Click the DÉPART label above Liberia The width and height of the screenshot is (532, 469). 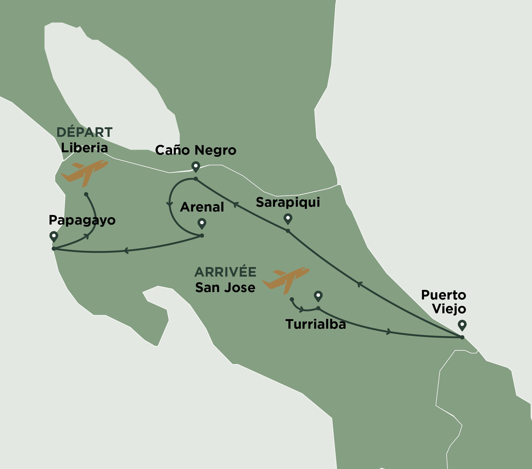pos(84,132)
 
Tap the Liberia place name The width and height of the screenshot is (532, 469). pos(84,148)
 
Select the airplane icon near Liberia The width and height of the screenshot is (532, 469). pos(85,172)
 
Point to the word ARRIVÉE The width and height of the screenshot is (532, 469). pos(225,272)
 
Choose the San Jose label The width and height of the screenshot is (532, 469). pos(225,288)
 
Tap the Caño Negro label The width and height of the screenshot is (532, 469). pos(196,150)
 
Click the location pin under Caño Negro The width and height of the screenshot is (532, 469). pos(196,167)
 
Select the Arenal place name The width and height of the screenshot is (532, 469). pos(202,207)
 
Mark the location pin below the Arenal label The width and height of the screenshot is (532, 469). pos(202,223)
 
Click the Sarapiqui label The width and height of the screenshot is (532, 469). pos(288,202)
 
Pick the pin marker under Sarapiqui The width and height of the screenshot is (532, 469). pos(288,219)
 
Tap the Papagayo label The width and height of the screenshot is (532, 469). pos(82,220)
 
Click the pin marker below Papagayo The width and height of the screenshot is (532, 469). pos(54,236)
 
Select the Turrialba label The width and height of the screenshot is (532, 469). pos(315,324)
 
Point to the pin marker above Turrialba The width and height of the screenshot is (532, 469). pos(318,296)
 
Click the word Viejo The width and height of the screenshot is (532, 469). pos(449,309)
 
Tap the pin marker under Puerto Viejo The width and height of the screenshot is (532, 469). pos(462,325)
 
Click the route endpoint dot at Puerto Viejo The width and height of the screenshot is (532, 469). pos(462,337)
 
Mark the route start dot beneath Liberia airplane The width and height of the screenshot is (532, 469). pos(86,194)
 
